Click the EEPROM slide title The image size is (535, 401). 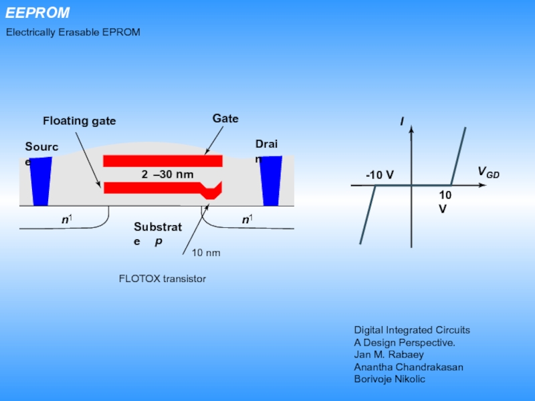click(38, 13)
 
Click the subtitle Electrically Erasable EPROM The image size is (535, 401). click(74, 32)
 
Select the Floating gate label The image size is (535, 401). click(79, 121)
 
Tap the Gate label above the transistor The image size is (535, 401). click(225, 118)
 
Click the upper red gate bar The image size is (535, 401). click(163, 161)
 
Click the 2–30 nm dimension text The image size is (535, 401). click(167, 174)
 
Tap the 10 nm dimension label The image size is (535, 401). click(206, 253)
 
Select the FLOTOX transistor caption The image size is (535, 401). click(162, 279)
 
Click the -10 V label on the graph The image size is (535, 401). click(379, 175)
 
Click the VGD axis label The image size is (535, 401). click(488, 173)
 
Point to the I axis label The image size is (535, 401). click(402, 122)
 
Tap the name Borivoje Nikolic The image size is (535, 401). click(389, 379)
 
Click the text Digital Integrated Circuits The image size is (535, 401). click(412, 330)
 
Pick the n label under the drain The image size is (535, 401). click(246, 219)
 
